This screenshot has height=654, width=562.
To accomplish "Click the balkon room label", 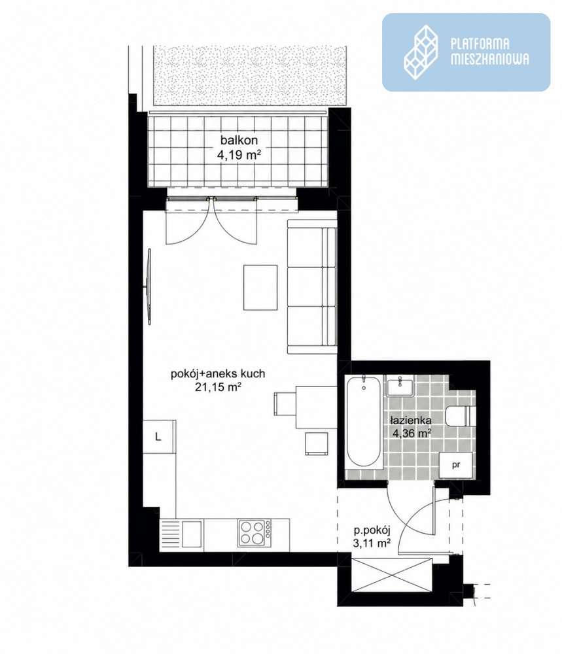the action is coord(239,140).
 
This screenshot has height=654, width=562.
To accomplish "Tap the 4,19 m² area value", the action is coord(239,155).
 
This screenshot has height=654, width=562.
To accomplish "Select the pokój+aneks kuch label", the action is coord(218,373).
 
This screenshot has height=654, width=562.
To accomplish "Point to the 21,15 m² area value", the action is coord(219,387).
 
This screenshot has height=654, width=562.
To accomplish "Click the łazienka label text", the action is coord(411,420).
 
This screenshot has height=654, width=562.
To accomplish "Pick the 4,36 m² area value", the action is coord(412,434).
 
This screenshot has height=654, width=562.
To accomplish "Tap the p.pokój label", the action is coord(372,530).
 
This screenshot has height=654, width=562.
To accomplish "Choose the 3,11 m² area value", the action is coord(372,543).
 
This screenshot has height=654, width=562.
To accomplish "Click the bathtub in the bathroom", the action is coord(364,422).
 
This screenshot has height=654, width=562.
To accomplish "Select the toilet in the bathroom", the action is coord(461,416).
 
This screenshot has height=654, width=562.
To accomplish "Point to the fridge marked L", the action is coord(158,436).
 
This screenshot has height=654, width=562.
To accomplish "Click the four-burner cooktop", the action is coord(254,532).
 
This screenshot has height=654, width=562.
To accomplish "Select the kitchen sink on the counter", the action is coord(182,532).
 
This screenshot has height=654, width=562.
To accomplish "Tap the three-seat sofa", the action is coord(312,287).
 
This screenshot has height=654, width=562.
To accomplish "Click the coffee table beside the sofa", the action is coord(260,288).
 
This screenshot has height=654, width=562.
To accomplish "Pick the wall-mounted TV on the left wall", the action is coord(148,286).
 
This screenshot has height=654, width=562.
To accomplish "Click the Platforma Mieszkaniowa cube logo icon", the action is coord(421,52).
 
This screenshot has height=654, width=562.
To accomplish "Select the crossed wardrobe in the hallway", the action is coord(391,575).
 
